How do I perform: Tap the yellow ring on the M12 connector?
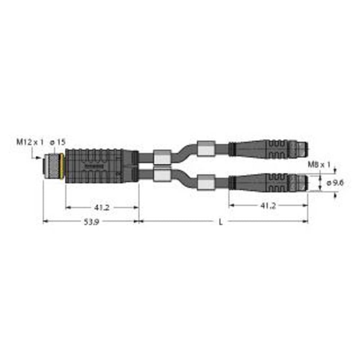pyautogui.click(x=63, y=166)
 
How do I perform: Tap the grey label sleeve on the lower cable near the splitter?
pyautogui.click(x=161, y=177)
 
